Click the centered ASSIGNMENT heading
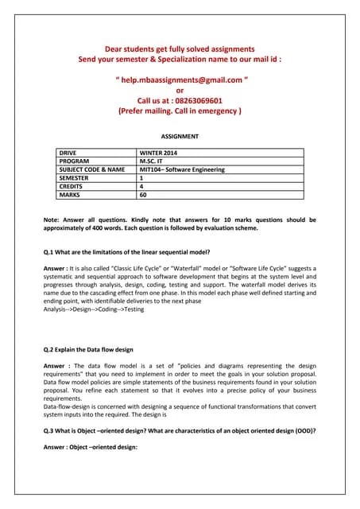180,137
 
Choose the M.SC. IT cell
153,160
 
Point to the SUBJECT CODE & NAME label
92,169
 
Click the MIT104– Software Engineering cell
182,169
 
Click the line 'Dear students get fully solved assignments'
180,49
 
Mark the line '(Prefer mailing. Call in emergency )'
180,112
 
